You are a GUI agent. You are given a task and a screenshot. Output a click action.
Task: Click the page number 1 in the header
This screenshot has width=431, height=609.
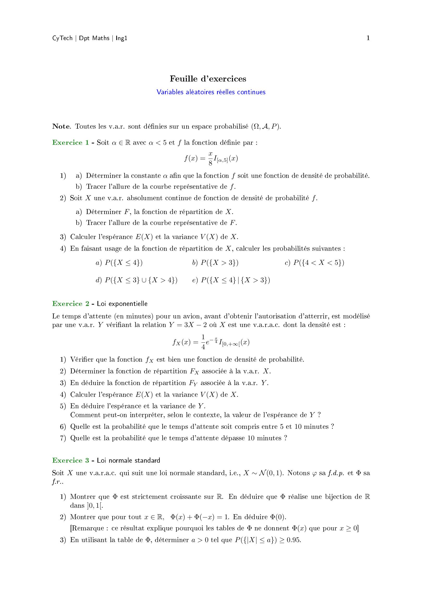[x=368, y=38]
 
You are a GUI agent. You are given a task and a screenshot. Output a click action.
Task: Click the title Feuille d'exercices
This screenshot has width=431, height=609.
[x=208, y=79]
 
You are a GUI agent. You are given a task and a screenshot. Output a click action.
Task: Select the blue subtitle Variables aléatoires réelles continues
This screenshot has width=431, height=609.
[x=211, y=92]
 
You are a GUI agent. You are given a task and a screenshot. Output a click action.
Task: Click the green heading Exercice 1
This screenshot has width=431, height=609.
[x=70, y=143]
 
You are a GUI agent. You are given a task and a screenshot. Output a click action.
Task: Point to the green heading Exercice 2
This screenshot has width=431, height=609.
[x=70, y=304]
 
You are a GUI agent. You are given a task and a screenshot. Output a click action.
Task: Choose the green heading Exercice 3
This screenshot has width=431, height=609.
[x=70, y=461]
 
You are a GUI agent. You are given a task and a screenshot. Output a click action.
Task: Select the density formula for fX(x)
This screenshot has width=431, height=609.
[x=211, y=343]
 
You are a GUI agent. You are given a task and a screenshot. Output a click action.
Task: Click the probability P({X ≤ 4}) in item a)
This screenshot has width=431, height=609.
[x=124, y=263]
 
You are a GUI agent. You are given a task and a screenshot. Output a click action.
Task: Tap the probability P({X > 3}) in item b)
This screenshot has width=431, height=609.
[x=219, y=263]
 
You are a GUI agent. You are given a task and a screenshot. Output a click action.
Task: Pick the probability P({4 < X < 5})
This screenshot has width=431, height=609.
[x=319, y=263]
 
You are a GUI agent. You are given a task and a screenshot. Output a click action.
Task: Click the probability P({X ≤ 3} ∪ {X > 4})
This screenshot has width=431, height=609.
[x=141, y=280]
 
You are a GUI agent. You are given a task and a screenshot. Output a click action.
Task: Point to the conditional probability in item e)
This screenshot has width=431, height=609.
[x=235, y=280]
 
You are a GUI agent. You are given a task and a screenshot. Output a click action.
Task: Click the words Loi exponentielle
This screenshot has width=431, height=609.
[x=122, y=304]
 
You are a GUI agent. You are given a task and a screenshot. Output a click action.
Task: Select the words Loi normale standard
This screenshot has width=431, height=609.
[x=128, y=461]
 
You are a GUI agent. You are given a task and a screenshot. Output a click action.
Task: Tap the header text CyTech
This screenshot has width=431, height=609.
[x=62, y=38]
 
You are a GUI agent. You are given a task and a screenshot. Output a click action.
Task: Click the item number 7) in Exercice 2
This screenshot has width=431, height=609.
[x=63, y=438]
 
